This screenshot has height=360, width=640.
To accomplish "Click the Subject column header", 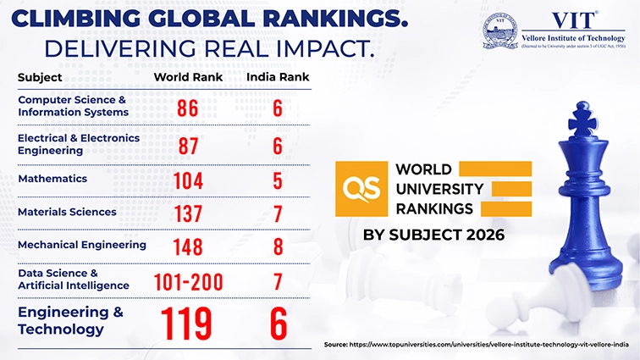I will pyautogui.click(x=40, y=78).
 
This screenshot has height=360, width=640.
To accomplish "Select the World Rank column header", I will pyautogui.click(x=188, y=78).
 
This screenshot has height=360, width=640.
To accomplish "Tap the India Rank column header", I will pyautogui.click(x=277, y=78).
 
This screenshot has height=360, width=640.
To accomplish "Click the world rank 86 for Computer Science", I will pyautogui.click(x=188, y=108).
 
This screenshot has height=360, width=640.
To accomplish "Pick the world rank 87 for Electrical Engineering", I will pyautogui.click(x=188, y=145).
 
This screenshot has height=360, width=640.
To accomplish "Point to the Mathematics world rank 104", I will pyautogui.click(x=188, y=180).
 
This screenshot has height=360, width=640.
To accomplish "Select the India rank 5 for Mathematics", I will pyautogui.click(x=277, y=180).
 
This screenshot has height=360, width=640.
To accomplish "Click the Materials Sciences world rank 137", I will pyautogui.click(x=188, y=213).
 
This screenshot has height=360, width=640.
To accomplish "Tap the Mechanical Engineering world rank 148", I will pyautogui.click(x=188, y=246).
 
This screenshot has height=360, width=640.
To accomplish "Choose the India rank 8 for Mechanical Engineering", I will pyautogui.click(x=277, y=246).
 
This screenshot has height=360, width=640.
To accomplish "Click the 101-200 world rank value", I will pyautogui.click(x=188, y=280).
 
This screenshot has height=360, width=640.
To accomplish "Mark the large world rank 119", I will pyautogui.click(x=188, y=323).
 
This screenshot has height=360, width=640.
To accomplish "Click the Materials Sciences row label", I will pyautogui.click(x=67, y=212).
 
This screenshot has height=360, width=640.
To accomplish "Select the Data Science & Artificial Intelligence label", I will pyautogui.click(x=74, y=280).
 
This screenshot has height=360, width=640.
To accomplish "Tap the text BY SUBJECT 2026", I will pyautogui.click(x=433, y=234).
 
